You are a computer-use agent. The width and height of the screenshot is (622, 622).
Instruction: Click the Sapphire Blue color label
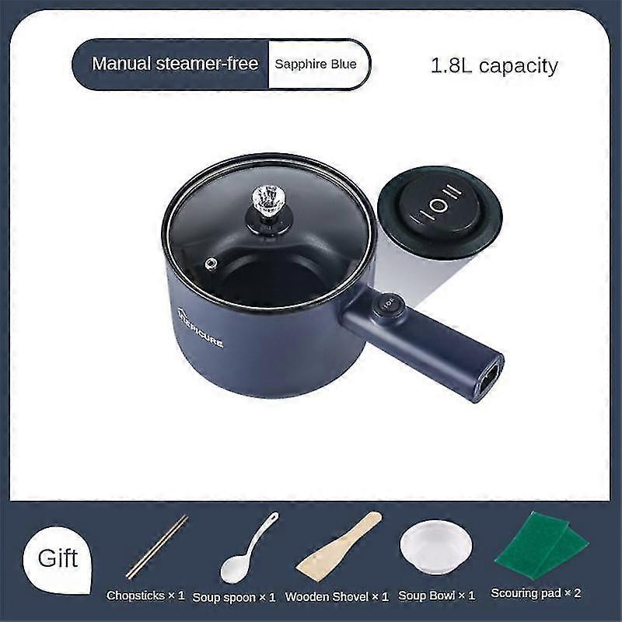click(x=316, y=64)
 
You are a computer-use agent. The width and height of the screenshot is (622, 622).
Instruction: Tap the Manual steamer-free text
click(x=175, y=64)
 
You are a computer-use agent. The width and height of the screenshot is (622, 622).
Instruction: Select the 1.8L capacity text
click(x=494, y=65)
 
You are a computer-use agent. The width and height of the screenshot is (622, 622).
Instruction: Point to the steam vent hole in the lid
click(x=211, y=265)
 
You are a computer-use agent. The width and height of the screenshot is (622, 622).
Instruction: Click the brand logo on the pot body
click(x=200, y=329)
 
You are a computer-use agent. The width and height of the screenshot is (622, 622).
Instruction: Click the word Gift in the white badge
click(x=58, y=557)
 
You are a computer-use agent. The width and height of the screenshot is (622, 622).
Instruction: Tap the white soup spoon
click(x=248, y=547)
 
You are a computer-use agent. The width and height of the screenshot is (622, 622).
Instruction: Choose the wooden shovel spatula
click(x=338, y=545)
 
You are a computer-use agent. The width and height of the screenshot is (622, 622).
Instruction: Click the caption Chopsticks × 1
click(x=145, y=596)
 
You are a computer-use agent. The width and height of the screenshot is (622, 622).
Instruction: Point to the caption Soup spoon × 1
click(x=234, y=597)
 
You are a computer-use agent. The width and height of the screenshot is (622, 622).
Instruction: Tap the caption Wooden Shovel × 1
click(x=337, y=597)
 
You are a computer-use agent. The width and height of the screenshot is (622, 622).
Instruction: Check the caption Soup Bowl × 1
click(x=436, y=596)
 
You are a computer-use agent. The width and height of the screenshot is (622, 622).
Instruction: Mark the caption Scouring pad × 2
click(x=536, y=593)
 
